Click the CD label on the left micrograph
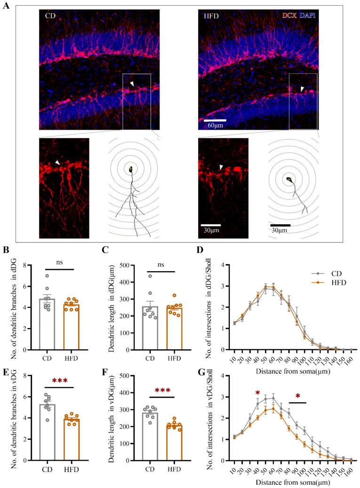click(x=50, y=16)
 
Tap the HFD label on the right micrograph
click(x=212, y=16)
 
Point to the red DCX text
click(x=289, y=16)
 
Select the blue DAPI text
click(x=308, y=16)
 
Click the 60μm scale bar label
click(x=215, y=126)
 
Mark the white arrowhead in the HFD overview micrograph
click(x=303, y=88)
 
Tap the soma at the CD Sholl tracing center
click(x=132, y=170)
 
